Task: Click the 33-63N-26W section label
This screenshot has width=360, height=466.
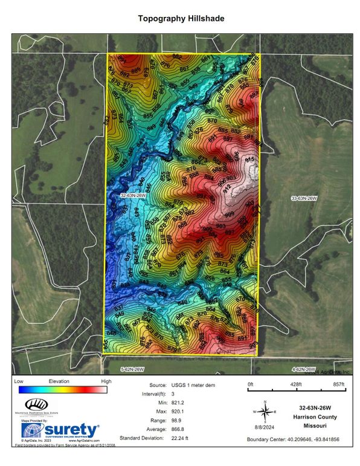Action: pos(304,198)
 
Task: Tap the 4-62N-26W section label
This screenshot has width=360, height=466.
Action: pos(303,369)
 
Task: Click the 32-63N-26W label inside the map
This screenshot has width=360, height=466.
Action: pos(134,195)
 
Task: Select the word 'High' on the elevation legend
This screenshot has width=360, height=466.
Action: pos(106,381)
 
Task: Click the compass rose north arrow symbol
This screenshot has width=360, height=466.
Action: pos(265,410)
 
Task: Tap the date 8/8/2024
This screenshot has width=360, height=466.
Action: pos(265,426)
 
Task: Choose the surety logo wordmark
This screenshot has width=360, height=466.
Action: pos(69,430)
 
